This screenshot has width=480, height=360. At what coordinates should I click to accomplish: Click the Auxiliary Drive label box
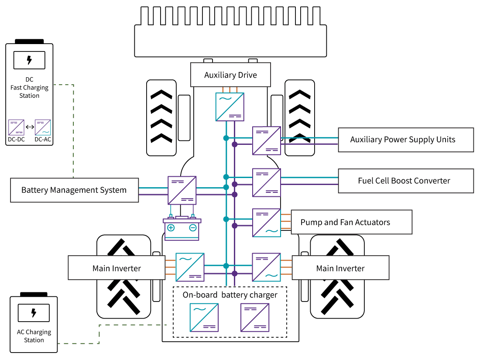click(x=230, y=75)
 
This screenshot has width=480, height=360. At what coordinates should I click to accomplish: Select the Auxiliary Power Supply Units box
click(x=406, y=140)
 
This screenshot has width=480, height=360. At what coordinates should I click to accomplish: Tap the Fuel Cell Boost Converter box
click(x=406, y=181)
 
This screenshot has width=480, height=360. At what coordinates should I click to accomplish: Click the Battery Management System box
click(x=74, y=190)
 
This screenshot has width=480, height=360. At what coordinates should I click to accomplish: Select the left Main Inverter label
click(x=117, y=268)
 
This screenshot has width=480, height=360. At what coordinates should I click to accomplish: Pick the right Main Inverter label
click(x=340, y=268)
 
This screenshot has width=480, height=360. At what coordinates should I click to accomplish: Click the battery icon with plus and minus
click(x=182, y=229)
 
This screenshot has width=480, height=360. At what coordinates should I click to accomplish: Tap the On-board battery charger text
click(x=230, y=295)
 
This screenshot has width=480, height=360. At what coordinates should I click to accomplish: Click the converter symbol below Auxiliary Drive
click(x=230, y=106)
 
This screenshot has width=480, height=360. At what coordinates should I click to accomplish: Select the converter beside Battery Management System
click(x=182, y=190)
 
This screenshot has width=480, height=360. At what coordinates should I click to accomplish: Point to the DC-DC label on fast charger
click(x=17, y=140)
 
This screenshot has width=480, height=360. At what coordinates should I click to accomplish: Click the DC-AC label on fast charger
click(x=43, y=140)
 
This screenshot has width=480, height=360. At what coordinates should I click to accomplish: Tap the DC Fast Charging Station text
click(x=30, y=88)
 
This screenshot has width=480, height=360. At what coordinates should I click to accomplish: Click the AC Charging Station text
click(x=34, y=336)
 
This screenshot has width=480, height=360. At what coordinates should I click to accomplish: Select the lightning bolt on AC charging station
click(x=34, y=313)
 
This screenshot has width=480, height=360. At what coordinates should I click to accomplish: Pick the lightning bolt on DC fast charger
click(x=29, y=60)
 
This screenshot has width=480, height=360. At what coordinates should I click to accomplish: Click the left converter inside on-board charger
click(x=204, y=317)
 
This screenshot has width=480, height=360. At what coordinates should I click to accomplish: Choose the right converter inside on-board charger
click(x=255, y=317)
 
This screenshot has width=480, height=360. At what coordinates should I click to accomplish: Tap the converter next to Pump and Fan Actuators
click(x=266, y=223)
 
